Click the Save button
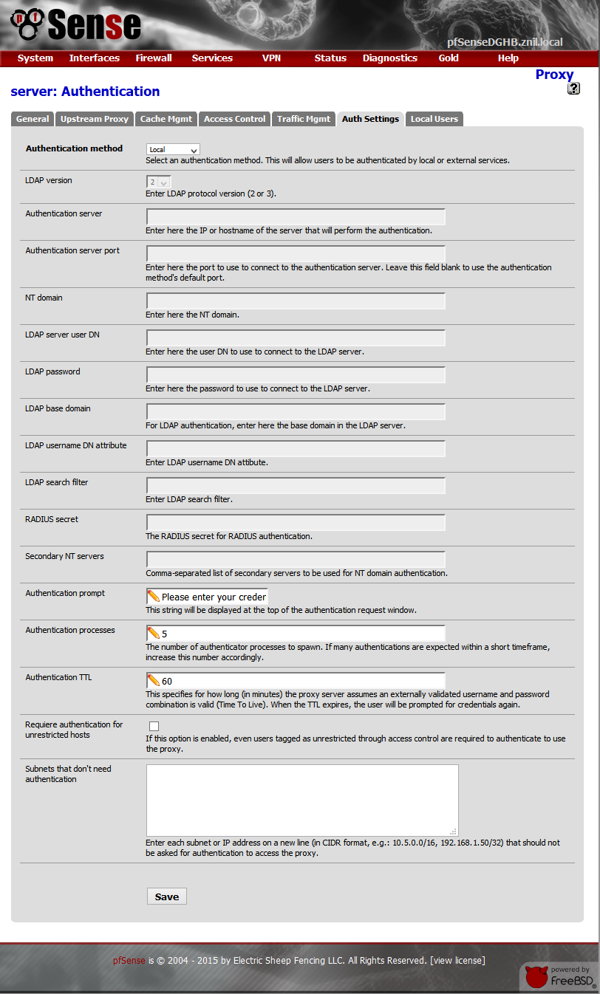(x=166, y=897)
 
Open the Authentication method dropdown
(x=173, y=149)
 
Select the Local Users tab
(x=434, y=119)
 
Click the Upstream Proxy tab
(x=95, y=119)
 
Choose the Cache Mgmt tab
(x=166, y=119)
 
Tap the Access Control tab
(x=234, y=119)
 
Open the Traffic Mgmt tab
(x=304, y=119)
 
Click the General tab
(x=33, y=119)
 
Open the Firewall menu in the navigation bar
(x=154, y=58)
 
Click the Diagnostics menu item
(x=389, y=58)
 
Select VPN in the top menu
(x=271, y=58)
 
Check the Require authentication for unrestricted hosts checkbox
(x=154, y=726)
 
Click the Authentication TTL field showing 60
(x=296, y=681)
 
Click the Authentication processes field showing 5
(x=296, y=634)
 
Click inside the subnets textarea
(x=301, y=800)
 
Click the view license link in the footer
(x=457, y=961)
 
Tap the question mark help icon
(x=573, y=89)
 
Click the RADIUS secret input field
(x=296, y=523)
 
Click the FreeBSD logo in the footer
(x=559, y=976)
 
